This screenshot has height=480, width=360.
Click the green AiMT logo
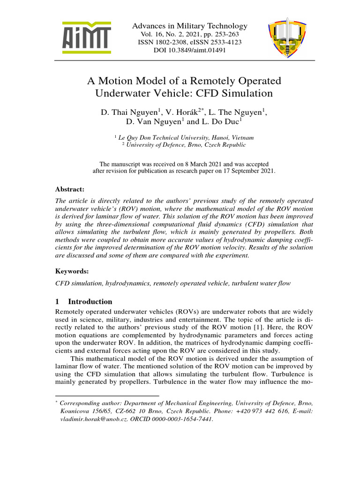(x=87, y=37)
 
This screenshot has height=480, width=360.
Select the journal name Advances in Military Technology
(x=189, y=26)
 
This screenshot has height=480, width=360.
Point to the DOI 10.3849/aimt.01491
(x=189, y=50)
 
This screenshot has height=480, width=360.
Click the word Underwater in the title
(x=124, y=93)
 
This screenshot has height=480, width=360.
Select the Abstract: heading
(x=70, y=189)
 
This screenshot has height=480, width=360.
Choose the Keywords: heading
(x=72, y=271)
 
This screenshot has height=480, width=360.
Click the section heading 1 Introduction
(x=84, y=301)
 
